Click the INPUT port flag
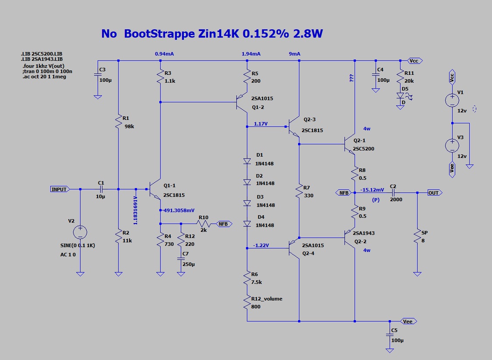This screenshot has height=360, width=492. (x=60, y=189)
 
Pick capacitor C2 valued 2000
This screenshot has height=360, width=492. (x=393, y=192)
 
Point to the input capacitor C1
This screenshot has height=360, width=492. (x=101, y=189)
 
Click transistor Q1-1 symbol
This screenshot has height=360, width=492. (x=155, y=189)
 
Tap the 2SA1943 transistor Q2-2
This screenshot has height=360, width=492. (x=350, y=238)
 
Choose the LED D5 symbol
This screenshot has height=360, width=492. (x=400, y=95)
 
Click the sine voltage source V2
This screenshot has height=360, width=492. (x=80, y=232)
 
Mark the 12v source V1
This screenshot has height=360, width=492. (x=452, y=100)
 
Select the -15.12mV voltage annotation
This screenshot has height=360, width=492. (x=373, y=190)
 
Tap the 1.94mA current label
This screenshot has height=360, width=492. (x=251, y=54)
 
